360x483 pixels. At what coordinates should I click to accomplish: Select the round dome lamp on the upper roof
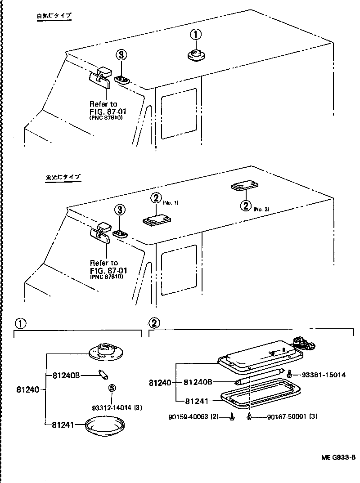(x=196, y=55)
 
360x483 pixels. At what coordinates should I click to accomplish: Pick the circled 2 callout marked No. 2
(x=246, y=206)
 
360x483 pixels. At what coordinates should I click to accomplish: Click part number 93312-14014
(x=112, y=408)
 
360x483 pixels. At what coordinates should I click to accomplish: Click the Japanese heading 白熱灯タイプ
(x=54, y=16)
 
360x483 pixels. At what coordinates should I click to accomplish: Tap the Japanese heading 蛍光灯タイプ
(x=63, y=177)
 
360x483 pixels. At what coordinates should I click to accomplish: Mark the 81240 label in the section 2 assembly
(x=160, y=383)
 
